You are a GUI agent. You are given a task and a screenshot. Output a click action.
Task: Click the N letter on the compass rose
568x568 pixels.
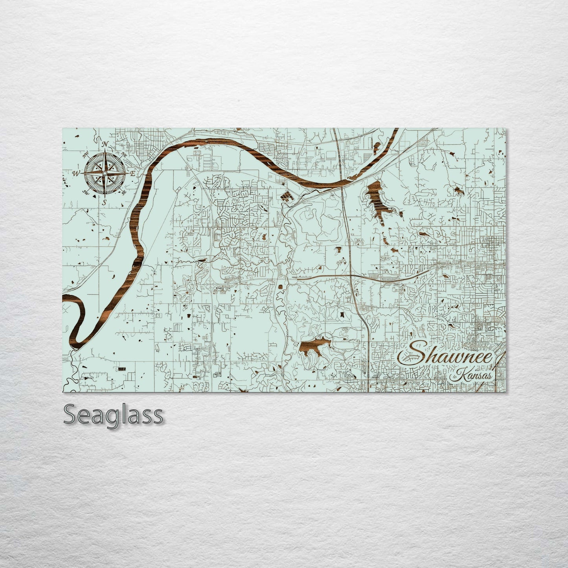[x=105, y=145]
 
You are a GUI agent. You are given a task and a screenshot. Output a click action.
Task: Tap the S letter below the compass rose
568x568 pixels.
[x=104, y=202]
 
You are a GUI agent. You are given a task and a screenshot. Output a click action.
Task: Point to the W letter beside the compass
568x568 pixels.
[x=76, y=173]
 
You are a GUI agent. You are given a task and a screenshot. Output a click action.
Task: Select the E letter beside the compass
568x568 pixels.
[x=133, y=173]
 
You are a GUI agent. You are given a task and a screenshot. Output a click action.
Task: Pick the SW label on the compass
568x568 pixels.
[x=85, y=192]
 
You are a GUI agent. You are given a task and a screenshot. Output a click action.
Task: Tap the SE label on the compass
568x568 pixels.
[x=123, y=193]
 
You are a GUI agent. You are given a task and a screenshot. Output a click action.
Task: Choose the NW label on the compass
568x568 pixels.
[x=86, y=154]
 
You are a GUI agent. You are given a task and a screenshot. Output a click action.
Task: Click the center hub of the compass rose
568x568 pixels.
[x=105, y=173]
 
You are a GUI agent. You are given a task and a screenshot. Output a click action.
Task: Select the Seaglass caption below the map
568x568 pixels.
[x=113, y=414]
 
